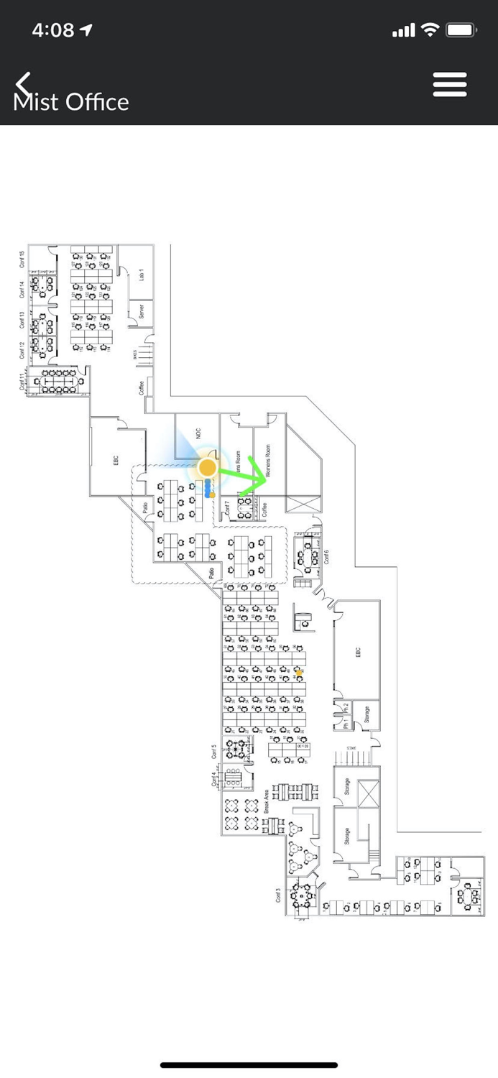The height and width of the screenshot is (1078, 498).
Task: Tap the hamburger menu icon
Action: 450,85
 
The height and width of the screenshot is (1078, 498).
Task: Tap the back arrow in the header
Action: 24,83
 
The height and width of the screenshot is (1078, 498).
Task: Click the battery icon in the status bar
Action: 461,30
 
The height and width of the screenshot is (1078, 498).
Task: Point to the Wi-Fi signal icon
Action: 430,29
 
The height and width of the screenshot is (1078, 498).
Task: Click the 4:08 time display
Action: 53,30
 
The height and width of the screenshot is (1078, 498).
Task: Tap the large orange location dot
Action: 208,468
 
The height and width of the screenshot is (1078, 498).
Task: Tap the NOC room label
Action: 198,434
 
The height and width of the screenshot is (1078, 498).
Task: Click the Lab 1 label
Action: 142,274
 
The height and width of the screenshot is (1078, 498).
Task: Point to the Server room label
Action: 142,311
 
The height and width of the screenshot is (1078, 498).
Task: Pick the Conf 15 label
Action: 22,259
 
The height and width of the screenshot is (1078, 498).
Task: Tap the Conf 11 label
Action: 22,381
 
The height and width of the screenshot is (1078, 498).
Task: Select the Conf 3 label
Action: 278,895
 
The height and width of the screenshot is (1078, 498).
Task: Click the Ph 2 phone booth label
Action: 346,706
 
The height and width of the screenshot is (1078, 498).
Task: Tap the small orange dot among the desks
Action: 299,673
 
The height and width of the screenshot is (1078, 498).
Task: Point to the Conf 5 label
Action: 214,752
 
